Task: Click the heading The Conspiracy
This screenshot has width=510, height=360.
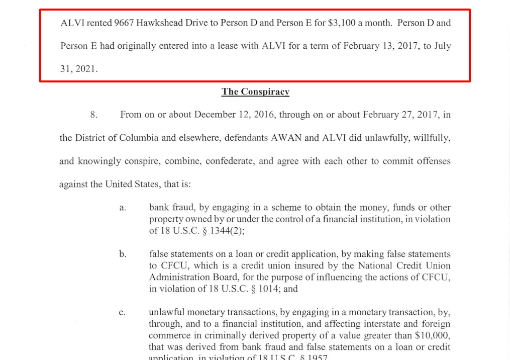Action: tap(255, 92)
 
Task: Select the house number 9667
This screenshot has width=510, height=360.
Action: tap(124, 23)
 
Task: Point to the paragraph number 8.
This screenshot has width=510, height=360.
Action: tap(93, 115)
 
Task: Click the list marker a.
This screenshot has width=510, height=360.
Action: tap(123, 208)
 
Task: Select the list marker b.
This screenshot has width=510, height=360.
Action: tap(123, 254)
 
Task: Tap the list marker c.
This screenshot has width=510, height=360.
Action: tap(123, 313)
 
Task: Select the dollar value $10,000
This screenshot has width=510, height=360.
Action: tap(433, 336)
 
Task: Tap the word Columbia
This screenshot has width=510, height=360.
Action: tap(139, 138)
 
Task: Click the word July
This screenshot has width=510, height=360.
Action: tap(441, 46)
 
